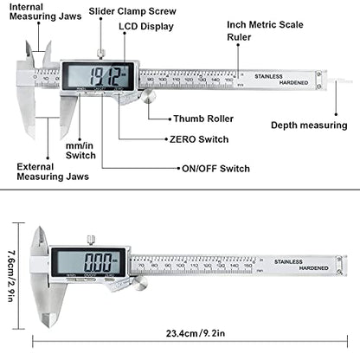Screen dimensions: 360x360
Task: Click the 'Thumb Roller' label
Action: [201, 117]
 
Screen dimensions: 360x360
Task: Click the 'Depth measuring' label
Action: [308, 125]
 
